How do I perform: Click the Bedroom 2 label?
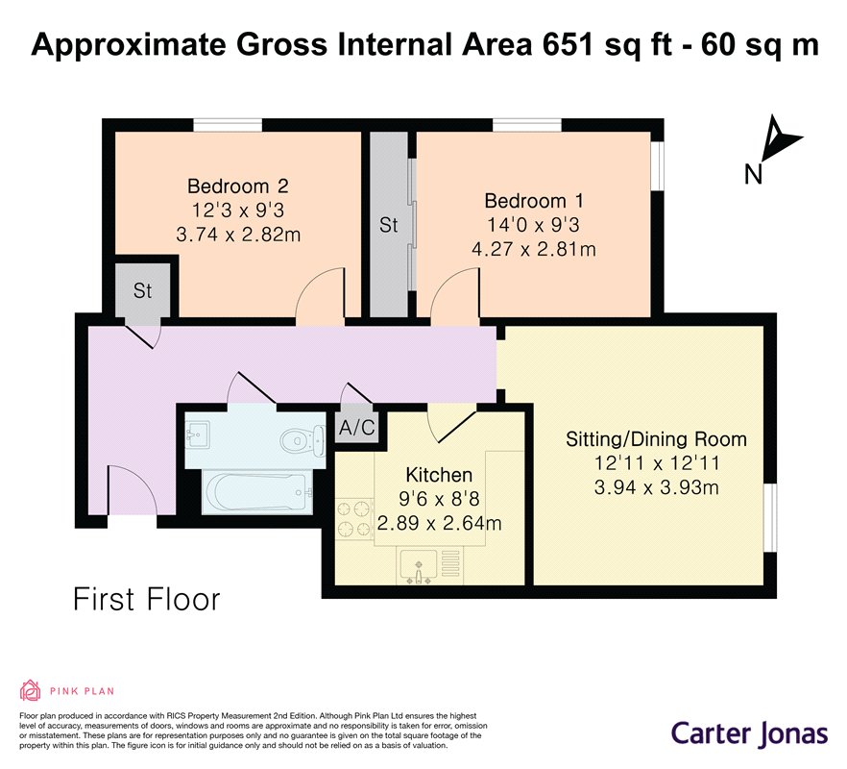238,186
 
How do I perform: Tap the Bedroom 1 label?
534,201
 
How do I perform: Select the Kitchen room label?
439,476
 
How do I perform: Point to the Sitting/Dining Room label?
656,439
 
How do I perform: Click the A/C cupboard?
356,427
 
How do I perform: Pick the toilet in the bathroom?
302,439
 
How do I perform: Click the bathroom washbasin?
199,434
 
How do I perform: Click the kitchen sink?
419,566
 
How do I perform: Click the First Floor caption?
146,600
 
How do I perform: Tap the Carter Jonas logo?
749,733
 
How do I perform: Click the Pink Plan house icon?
31,690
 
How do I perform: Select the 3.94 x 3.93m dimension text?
656,487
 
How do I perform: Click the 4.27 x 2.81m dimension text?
534,250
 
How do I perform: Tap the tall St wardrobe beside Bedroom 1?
389,224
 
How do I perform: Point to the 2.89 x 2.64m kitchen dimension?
439,524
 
